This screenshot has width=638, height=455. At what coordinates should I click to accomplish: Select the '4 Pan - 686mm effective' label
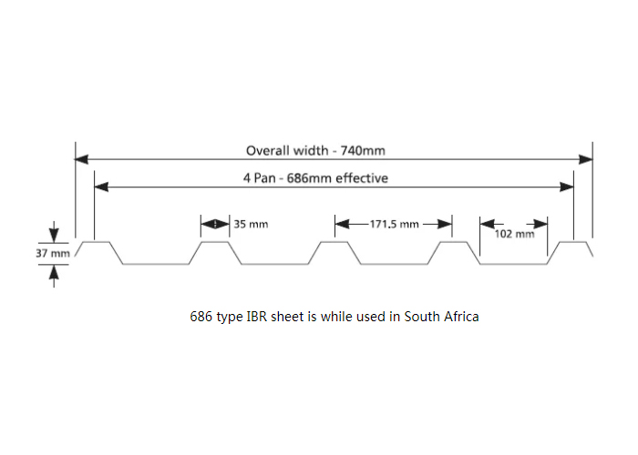[314, 178]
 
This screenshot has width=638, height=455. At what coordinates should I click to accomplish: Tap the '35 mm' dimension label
[251, 223]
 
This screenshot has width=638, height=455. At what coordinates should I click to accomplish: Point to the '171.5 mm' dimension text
[394, 223]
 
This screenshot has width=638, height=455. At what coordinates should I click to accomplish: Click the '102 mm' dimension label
[514, 234]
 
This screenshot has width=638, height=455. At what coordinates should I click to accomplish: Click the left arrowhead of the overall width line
[81, 159]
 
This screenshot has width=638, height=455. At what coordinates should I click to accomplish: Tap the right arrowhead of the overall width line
[586, 159]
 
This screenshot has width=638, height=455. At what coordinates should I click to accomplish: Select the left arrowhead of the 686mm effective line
[101, 187]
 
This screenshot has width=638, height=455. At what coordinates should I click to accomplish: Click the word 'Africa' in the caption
[462, 317]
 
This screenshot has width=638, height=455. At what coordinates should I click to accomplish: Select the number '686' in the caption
[201, 317]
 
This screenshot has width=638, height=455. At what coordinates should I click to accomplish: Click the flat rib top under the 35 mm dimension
[215, 242]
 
